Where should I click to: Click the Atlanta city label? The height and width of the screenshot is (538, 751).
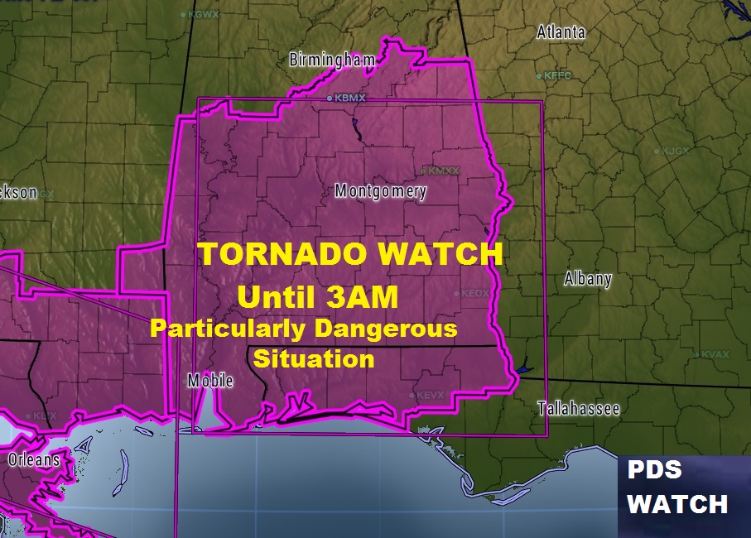click(561, 32)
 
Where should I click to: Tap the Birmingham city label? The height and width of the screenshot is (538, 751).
click(331, 60)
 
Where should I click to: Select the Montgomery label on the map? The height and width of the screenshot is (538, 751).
click(380, 191)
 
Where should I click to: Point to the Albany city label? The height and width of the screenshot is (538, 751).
click(587, 278)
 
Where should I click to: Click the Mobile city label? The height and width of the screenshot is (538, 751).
click(210, 381)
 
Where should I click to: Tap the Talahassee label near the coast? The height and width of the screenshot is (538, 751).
click(579, 408)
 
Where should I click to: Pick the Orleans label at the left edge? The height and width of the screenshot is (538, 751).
click(34, 459)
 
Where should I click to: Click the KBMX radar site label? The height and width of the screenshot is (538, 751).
click(349, 98)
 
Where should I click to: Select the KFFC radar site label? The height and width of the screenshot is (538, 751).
click(558, 75)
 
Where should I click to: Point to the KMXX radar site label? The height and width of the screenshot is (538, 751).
click(442, 171)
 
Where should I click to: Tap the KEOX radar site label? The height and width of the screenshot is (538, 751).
click(476, 293)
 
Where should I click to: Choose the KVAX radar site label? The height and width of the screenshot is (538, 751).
click(715, 354)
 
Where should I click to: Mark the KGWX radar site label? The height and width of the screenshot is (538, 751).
click(202, 14)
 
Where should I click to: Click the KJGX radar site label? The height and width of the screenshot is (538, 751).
click(675, 151)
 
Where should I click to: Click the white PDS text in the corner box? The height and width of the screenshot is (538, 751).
click(654, 470)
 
